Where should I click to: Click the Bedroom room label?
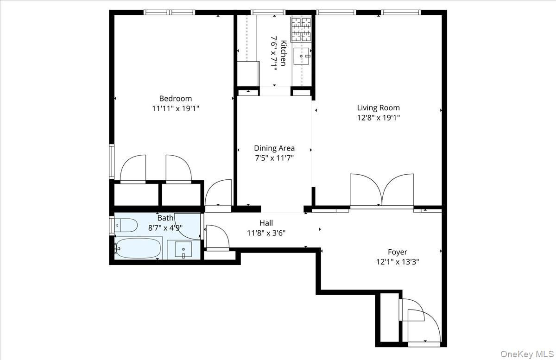[175, 98]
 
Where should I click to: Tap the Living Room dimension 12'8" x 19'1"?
[378, 118]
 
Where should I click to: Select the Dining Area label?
[274, 148]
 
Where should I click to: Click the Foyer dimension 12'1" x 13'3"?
[397, 262]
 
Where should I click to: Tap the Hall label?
[266, 223]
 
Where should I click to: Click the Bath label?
[165, 218]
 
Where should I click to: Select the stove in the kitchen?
[301, 29]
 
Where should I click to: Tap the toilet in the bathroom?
[126, 226]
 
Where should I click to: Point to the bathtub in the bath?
[138, 248]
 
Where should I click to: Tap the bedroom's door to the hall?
[218, 193]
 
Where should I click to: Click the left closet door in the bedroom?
[133, 169]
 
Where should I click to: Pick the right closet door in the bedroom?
[178, 169]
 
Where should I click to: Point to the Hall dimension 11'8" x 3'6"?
[266, 233]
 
